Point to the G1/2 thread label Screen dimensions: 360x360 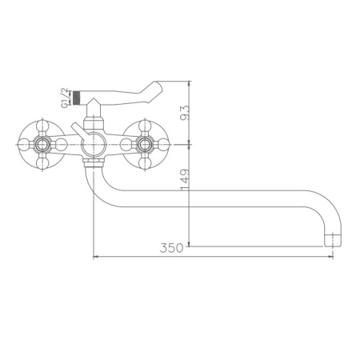point(66,99)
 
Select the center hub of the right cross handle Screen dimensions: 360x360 point(145,144)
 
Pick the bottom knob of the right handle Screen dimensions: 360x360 point(145,164)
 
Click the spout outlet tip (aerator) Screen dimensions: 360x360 point(330,239)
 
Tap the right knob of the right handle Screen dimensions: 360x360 point(165,144)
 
